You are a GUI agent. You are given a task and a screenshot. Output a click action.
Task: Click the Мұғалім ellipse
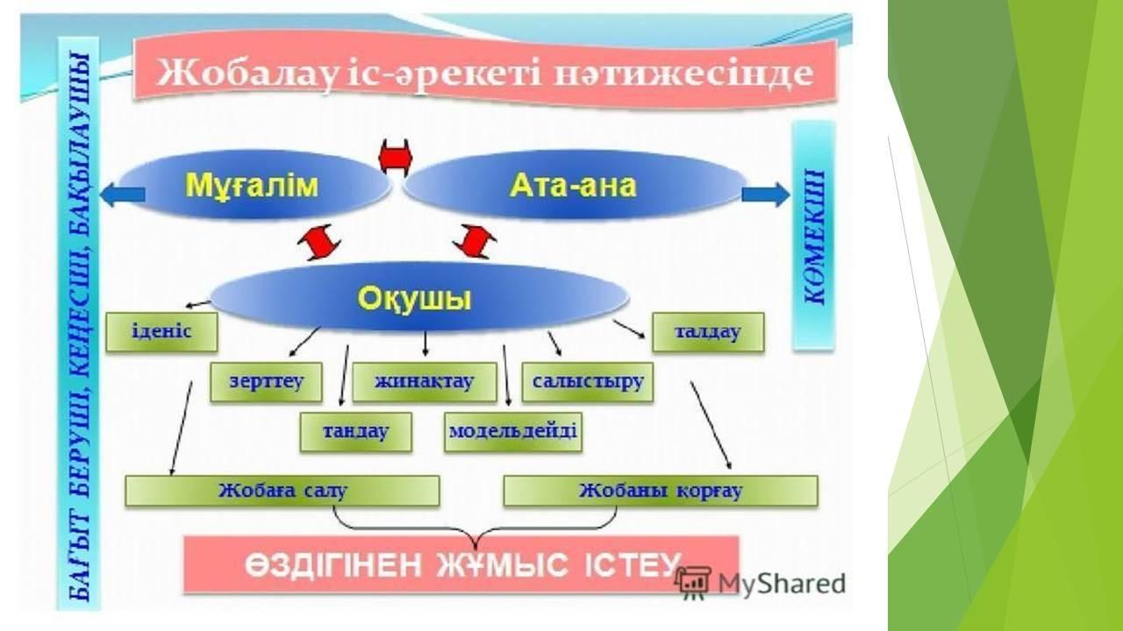(x=254, y=185)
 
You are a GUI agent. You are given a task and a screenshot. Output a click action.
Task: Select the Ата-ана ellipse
(x=574, y=185)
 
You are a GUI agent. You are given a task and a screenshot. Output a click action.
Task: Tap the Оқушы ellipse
(x=419, y=299)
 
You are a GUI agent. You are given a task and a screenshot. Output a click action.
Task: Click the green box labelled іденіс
(x=161, y=331)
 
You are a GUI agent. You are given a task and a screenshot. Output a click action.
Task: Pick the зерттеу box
(x=266, y=381)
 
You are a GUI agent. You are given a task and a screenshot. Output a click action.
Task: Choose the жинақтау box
(x=425, y=381)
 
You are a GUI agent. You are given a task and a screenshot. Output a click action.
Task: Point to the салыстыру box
(x=588, y=381)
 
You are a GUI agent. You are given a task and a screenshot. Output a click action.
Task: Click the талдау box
(x=708, y=331)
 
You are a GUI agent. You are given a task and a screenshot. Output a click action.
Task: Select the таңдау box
(x=356, y=432)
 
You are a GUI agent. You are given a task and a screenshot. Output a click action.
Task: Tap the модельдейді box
(x=513, y=432)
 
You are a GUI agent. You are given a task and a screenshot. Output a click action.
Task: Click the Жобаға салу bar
(x=283, y=491)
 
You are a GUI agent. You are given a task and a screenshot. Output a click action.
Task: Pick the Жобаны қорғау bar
(x=661, y=491)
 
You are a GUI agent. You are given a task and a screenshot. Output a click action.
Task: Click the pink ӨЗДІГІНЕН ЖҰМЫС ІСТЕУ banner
(x=461, y=565)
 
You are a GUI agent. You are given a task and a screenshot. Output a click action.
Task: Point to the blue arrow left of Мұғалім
(x=123, y=195)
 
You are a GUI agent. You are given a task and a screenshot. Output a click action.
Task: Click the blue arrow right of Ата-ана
(x=766, y=195)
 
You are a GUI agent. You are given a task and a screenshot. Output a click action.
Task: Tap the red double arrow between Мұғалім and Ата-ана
(x=396, y=158)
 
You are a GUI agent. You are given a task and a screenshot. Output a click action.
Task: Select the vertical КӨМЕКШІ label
(x=814, y=237)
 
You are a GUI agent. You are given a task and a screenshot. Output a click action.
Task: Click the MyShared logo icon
(x=693, y=583)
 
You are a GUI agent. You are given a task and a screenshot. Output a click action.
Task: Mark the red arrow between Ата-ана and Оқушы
(x=475, y=241)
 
